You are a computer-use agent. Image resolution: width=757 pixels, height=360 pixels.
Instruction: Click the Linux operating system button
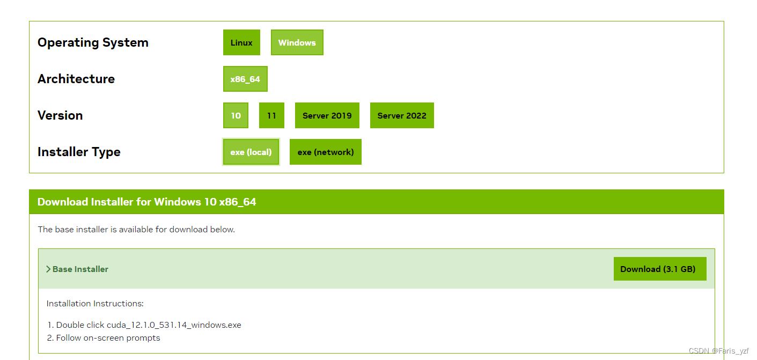241,43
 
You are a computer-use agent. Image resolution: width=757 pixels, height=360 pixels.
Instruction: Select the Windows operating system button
297,43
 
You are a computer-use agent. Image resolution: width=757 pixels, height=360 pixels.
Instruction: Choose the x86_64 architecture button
245,79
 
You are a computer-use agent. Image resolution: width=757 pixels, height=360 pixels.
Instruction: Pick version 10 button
236,116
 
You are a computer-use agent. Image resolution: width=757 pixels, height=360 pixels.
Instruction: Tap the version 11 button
271,116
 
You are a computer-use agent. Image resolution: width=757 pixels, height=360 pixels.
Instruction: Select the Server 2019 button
327,116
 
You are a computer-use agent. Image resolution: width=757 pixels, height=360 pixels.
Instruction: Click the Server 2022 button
402,116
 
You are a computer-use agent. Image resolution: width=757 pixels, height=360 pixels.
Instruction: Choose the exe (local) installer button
251,152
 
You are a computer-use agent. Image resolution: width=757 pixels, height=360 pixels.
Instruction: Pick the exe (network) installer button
325,152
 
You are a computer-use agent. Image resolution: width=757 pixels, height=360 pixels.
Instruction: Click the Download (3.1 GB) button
659,269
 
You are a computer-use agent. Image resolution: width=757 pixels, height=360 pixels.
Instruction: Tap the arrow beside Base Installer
48,269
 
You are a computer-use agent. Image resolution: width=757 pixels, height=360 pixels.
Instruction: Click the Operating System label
93,43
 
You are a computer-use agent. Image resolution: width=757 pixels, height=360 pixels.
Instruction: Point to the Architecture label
76,79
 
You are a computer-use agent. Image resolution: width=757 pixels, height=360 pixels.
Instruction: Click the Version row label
60,116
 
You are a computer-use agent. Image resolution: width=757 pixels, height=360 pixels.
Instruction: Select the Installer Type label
79,152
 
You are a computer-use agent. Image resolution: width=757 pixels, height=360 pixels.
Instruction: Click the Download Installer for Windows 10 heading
146,202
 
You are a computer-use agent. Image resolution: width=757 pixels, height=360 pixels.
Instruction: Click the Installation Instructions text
95,304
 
